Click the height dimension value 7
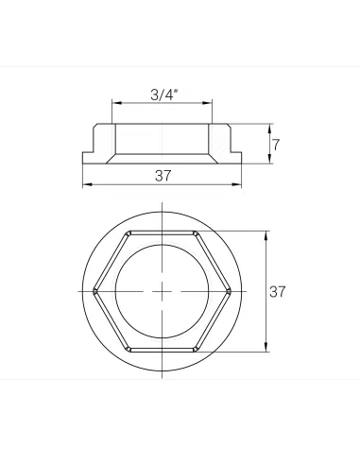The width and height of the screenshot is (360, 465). (276, 145)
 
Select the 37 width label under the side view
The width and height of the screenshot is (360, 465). (163, 176)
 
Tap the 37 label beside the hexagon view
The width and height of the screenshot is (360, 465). (277, 291)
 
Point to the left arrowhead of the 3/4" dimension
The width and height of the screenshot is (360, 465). (116, 103)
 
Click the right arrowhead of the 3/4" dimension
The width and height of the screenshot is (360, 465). (208, 103)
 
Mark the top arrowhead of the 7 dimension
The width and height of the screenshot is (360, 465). (269, 129)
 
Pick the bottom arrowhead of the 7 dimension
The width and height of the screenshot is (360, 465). (269, 159)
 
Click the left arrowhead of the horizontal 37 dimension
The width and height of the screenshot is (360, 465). (87, 184)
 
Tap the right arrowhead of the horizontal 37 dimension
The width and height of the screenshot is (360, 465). (237, 184)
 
